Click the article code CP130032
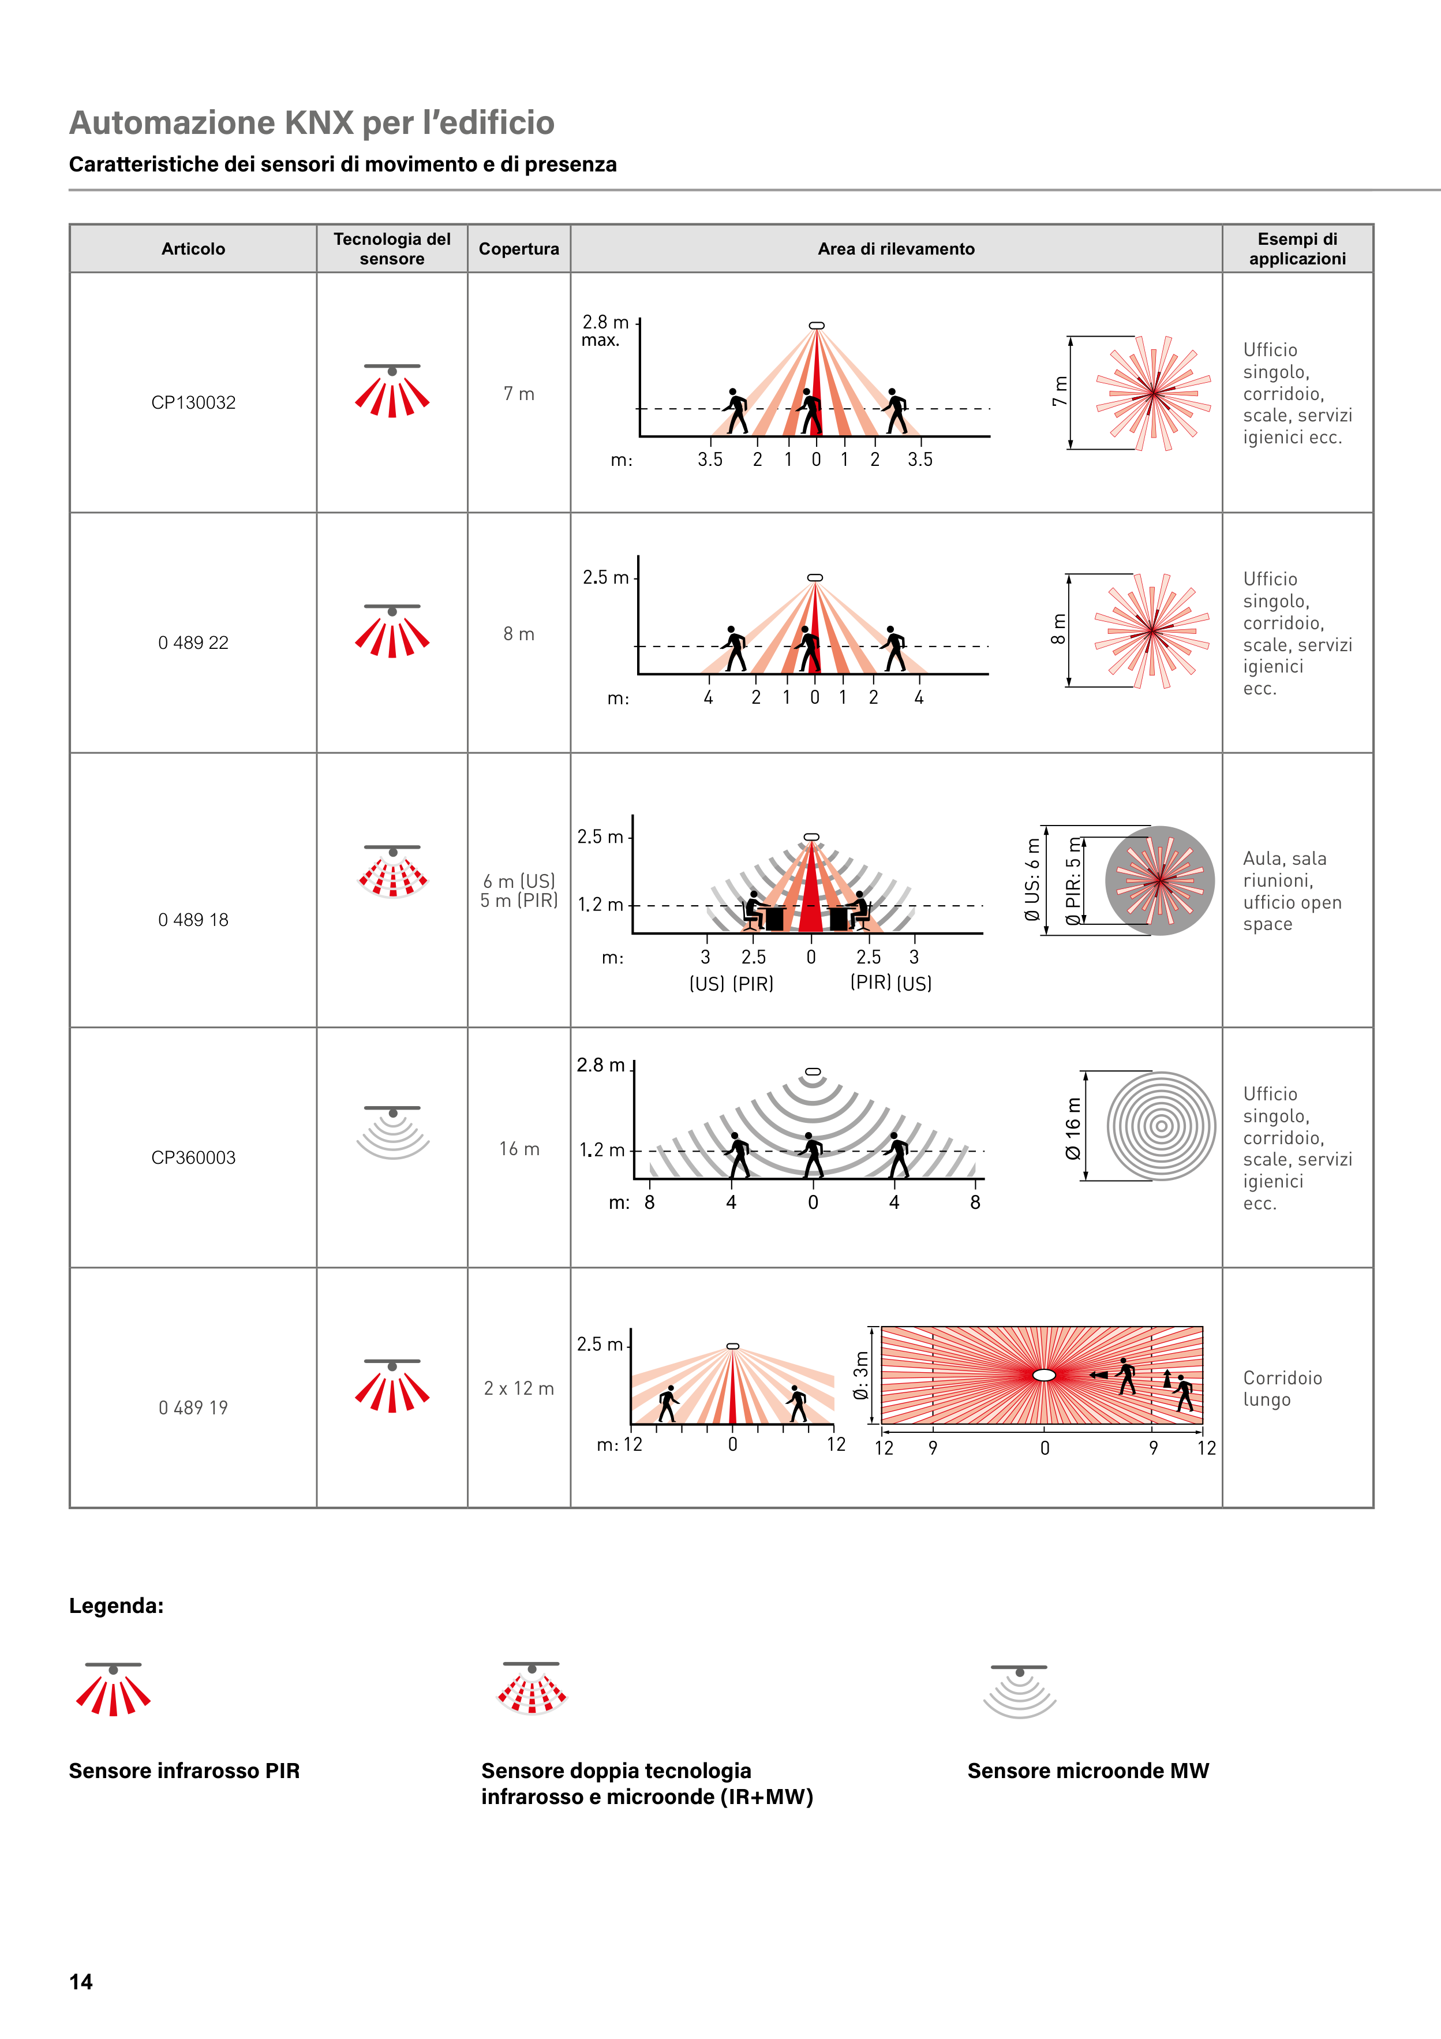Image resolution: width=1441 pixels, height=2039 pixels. pos(193,402)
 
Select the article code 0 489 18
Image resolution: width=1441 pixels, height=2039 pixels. pos(193,920)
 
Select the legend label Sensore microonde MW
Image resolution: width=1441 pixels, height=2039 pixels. pos(1088,1771)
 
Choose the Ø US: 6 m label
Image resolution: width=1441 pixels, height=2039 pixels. pos(1032,879)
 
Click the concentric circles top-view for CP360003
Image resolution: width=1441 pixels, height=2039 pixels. pos(1161,1126)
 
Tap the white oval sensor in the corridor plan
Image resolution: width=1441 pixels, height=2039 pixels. pos(1044,1375)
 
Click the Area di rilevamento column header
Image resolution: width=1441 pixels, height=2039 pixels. pos(896,249)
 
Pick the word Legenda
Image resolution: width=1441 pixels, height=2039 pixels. pos(117,1605)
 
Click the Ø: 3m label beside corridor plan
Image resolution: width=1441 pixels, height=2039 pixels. pos(860,1376)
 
